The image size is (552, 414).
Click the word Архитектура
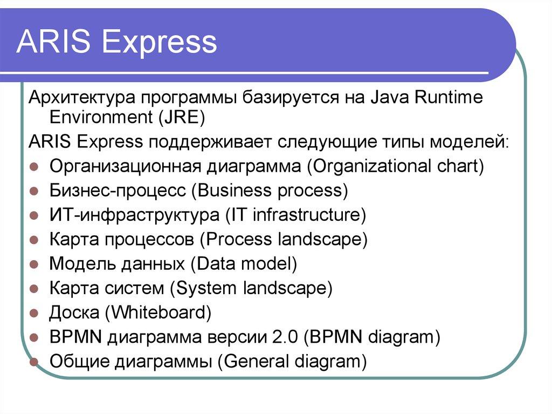coord(81,98)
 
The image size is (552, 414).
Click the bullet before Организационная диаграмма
coord(33,166)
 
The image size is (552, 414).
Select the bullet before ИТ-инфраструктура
coord(33,215)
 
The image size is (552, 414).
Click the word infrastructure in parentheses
coord(309,215)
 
